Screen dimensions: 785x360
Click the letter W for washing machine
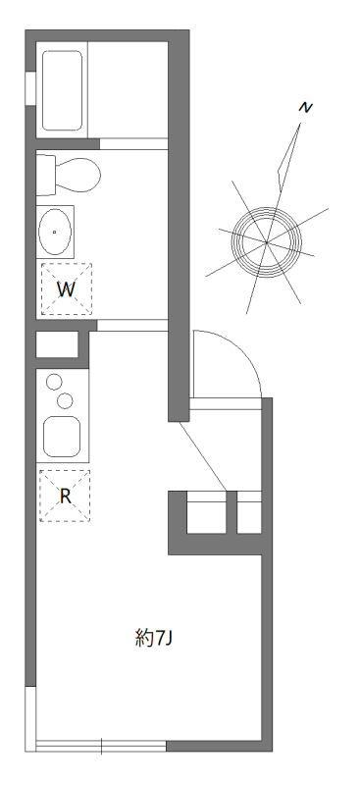65,289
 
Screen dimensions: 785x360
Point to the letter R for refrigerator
65,496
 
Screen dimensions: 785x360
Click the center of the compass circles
266,239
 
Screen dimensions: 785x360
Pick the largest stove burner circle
66,399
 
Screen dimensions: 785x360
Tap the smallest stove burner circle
55,382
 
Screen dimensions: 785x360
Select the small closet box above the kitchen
57,345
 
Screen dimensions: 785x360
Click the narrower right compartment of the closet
249,513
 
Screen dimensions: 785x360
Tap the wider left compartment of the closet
206,513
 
